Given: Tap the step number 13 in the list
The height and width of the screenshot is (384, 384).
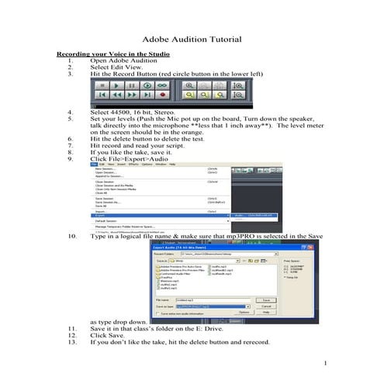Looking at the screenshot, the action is pos(71,341).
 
